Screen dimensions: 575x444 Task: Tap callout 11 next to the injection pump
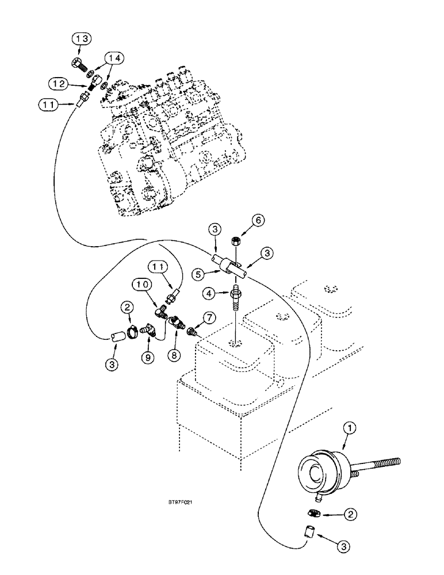point(48,105)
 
